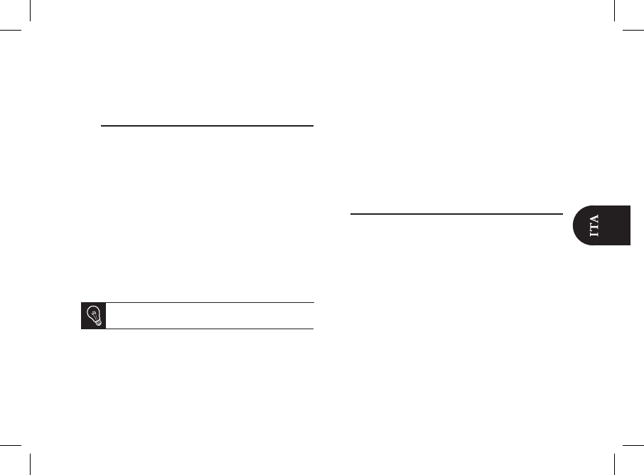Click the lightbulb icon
[x=93, y=316]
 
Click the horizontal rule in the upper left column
[x=207, y=127]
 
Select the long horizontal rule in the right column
[x=457, y=213]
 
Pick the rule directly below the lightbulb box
[x=197, y=329]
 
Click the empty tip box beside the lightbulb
[x=210, y=316]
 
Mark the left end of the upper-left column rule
[x=102, y=127]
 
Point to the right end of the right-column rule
[x=562, y=213]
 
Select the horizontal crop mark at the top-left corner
[x=11, y=31]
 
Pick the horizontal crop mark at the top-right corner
[x=633, y=31]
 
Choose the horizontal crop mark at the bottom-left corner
[x=11, y=444]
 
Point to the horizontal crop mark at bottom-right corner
[x=633, y=444]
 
